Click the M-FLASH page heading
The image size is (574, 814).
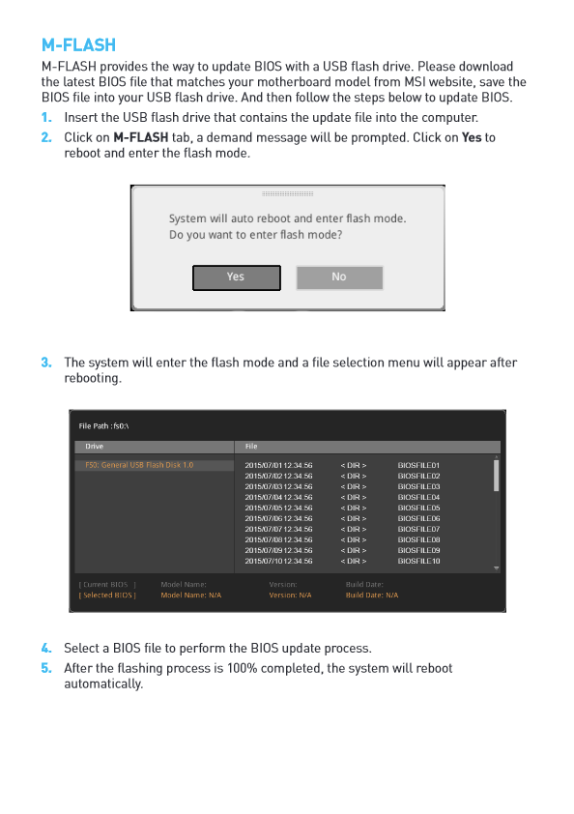[x=79, y=45]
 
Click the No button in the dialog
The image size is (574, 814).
[x=339, y=277]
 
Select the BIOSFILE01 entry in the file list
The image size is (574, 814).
[x=418, y=465]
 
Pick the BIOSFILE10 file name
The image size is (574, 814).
[x=418, y=561]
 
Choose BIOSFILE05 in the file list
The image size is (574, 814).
[x=418, y=508]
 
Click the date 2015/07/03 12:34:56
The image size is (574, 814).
[x=278, y=486]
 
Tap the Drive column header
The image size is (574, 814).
[x=95, y=446]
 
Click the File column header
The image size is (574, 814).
[x=251, y=446]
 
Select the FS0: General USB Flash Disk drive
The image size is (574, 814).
[x=139, y=465]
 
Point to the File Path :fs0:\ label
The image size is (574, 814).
[x=103, y=425]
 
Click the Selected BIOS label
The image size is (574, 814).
[x=107, y=595]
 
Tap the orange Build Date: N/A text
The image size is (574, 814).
[x=372, y=595]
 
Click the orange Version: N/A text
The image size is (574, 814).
[x=290, y=595]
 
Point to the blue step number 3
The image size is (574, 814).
[x=46, y=363]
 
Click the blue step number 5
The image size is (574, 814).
[x=46, y=668]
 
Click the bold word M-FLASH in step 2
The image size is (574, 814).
[x=141, y=137]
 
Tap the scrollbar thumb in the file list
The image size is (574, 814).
[x=496, y=475]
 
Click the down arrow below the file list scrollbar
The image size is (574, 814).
[x=496, y=568]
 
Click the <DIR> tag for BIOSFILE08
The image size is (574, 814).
[x=354, y=539]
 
